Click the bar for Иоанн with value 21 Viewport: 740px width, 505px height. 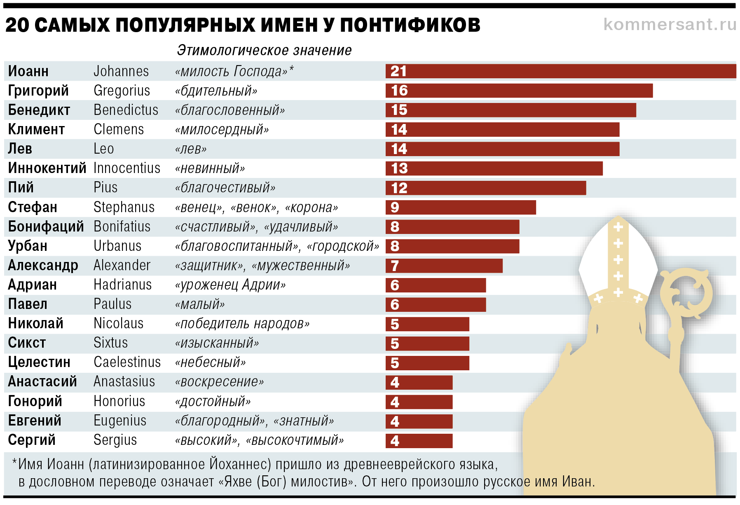tap(561, 71)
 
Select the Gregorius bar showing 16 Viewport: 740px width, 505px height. tap(519, 91)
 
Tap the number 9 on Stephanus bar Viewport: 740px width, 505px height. tap(395, 207)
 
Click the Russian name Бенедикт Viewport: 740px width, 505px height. tap(39, 110)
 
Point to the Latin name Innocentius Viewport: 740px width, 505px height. tap(127, 168)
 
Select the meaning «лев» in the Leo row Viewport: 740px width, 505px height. tap(191, 149)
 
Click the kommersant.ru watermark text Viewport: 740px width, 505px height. tap(670, 24)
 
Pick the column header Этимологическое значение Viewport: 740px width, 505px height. tap(264, 50)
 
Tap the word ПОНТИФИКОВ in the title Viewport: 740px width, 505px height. tap(410, 25)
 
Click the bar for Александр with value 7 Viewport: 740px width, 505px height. tap(444, 266)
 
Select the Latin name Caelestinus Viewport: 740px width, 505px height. tap(127, 362)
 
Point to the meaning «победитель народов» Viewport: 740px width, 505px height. tap(242, 324)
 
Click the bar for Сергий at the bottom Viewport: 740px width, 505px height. tap(419, 441)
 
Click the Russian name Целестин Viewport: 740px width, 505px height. tap(39, 362)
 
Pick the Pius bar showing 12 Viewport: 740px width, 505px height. tap(486, 188)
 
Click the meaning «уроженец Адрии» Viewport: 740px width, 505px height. tap(230, 285)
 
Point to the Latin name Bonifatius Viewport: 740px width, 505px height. tap(122, 227)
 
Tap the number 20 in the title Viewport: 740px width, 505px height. tap(17, 25)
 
